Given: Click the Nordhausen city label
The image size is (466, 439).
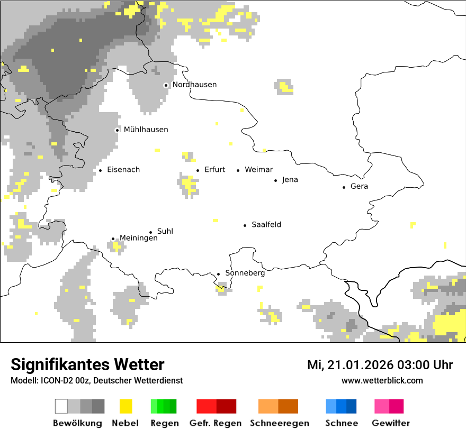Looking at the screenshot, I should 194,85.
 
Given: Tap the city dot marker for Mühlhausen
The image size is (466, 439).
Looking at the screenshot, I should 117,130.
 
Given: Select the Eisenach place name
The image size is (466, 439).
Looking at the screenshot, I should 123,170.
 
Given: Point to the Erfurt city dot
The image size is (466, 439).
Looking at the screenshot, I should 198,170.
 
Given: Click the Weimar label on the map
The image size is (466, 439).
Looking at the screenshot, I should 259,170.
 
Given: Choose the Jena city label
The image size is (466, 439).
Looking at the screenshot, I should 290,180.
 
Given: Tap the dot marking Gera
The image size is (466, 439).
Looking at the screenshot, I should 344,187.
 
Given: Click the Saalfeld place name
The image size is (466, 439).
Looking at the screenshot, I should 266,225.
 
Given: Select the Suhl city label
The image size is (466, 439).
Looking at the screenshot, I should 165,231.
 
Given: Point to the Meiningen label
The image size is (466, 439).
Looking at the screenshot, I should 139,239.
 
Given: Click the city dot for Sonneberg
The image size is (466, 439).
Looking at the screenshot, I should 218,274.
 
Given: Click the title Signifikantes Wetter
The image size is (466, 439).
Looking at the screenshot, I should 87,364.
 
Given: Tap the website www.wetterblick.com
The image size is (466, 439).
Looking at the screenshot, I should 382,380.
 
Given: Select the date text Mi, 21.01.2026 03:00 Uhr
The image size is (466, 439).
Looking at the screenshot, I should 380,365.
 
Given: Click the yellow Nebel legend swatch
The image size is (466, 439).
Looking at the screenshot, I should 126,406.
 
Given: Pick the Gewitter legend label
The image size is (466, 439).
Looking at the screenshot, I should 391,423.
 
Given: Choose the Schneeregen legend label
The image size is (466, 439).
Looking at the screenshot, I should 280,423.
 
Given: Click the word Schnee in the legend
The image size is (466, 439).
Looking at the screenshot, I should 342,423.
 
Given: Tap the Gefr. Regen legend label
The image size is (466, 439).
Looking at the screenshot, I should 216,423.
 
